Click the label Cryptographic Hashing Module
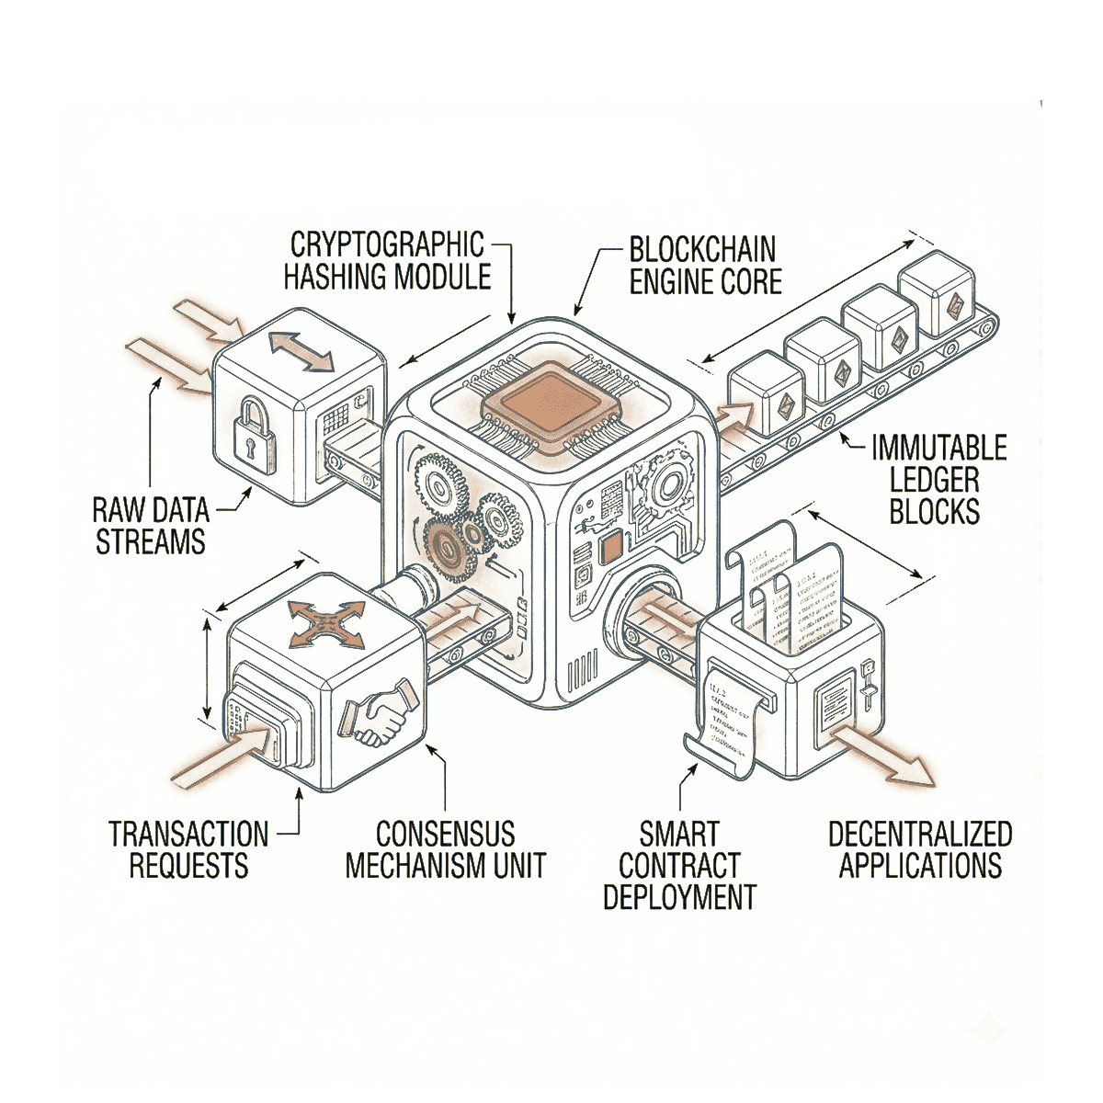[x=387, y=261]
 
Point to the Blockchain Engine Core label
[x=703, y=265]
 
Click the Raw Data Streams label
[x=152, y=525]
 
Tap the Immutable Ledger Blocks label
[x=938, y=479]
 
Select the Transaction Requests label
[x=188, y=850]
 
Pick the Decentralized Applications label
[x=919, y=850]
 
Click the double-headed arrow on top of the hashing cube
[x=301, y=354]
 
